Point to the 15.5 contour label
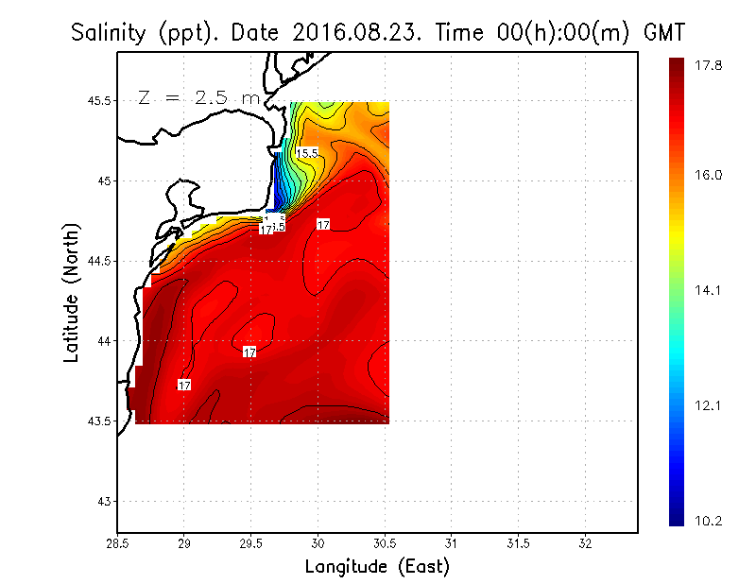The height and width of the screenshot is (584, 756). pyautogui.click(x=308, y=152)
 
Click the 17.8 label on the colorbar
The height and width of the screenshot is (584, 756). pyautogui.click(x=710, y=65)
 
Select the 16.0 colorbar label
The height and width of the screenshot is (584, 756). pyautogui.click(x=710, y=175)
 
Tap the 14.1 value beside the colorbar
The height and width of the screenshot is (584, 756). pyautogui.click(x=710, y=291)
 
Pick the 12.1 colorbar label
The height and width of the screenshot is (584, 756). pyautogui.click(x=710, y=406)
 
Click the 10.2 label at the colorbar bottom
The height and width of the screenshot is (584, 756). pyautogui.click(x=710, y=520)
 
